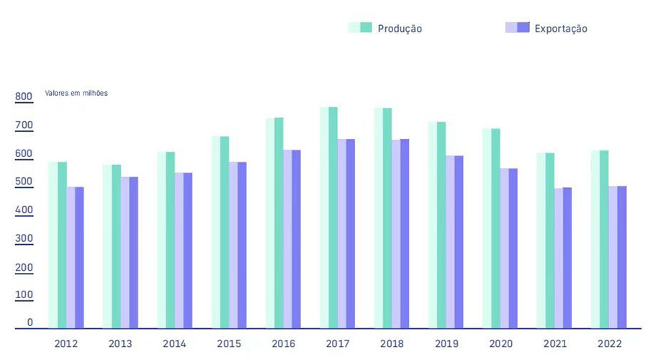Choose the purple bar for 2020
point(509,248)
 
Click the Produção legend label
point(400,29)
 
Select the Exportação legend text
point(561,29)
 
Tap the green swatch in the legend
point(360,28)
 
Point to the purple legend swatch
point(518,28)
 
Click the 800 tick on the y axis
point(24,97)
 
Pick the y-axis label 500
point(24,182)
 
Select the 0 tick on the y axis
point(30,323)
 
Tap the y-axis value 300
point(24,238)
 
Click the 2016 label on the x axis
point(284,344)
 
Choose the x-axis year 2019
point(446,344)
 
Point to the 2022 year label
point(609,344)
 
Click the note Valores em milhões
point(76,93)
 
